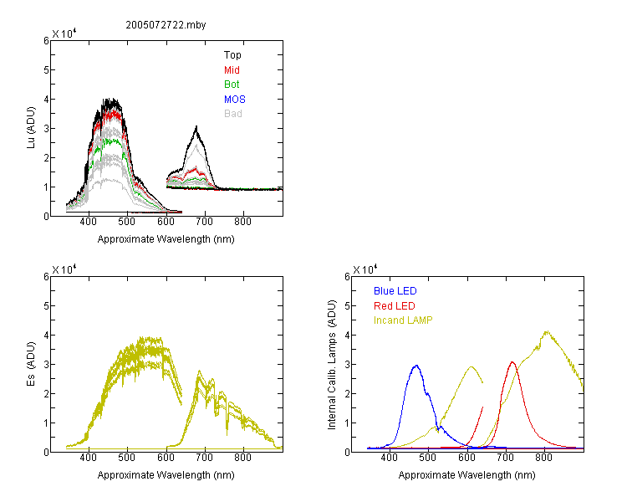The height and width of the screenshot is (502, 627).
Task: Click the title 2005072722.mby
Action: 166,25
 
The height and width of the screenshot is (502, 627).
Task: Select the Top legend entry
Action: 232,55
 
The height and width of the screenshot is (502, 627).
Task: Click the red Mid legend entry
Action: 232,69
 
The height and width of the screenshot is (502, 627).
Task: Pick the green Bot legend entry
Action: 232,84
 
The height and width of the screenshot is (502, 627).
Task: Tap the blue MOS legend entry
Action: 235,99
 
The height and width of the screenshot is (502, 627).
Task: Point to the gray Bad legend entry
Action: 233,113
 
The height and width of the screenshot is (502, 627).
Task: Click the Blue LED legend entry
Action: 395,290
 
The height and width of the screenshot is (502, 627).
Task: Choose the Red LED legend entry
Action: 395,306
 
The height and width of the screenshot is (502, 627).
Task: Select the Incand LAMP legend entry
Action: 403,320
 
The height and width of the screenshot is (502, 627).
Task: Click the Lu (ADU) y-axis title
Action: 31,127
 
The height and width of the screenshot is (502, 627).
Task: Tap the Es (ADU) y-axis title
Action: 31,364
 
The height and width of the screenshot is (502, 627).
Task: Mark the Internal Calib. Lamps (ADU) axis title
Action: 332,365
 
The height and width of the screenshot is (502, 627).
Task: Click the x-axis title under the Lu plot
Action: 166,239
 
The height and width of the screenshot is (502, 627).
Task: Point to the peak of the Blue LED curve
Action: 416,366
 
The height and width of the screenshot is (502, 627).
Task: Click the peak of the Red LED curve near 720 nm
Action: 512,362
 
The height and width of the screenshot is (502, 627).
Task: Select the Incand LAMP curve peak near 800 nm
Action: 547,331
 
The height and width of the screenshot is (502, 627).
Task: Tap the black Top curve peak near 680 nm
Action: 196,127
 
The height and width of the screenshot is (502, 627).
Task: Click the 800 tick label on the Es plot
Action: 242,457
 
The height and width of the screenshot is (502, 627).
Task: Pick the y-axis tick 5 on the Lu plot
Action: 46,69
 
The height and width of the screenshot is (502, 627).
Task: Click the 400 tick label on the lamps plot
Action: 390,457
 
